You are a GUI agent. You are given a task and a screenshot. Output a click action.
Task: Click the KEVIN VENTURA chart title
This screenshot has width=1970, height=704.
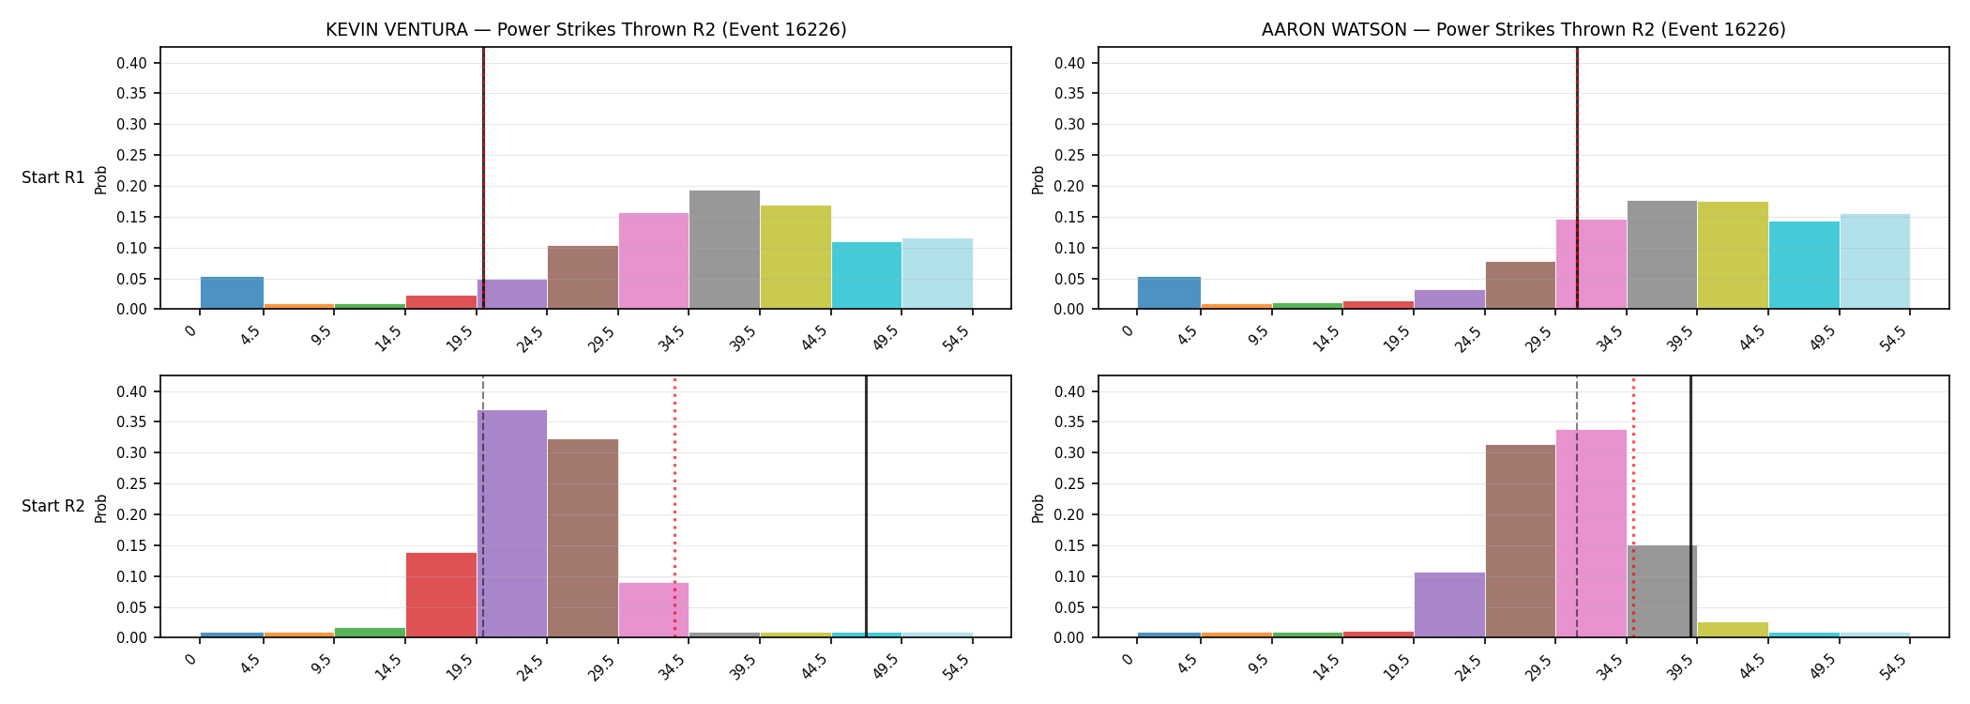[586, 30]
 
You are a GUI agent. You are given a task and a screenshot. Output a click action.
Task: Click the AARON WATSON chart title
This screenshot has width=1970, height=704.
[1523, 30]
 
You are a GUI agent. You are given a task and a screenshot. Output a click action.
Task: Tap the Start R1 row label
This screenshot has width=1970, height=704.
[53, 177]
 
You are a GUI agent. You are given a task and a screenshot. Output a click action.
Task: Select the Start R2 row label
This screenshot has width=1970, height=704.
[53, 506]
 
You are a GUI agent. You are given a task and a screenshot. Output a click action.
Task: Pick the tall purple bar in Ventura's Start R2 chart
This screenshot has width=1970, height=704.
[512, 524]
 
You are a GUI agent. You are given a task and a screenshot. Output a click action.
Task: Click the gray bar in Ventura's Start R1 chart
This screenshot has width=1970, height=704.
[724, 250]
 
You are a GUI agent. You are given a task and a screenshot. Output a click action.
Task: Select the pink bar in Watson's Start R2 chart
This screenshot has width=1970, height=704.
[1591, 533]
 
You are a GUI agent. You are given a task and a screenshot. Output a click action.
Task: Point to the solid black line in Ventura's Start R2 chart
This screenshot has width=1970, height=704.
[866, 507]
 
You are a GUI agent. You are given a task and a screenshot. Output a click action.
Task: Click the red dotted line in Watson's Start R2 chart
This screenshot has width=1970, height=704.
[1633, 507]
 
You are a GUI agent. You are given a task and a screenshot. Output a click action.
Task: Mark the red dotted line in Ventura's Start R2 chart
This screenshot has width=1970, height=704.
[674, 507]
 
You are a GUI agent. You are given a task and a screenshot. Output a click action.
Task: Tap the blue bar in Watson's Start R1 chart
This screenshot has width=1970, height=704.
[1169, 293]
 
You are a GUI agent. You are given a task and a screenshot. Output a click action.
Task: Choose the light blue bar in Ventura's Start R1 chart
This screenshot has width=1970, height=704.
[937, 273]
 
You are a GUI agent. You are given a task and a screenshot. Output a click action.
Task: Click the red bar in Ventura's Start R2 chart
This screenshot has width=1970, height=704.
[441, 595]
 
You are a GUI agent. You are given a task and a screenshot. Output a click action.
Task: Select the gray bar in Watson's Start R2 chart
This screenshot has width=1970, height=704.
[1662, 591]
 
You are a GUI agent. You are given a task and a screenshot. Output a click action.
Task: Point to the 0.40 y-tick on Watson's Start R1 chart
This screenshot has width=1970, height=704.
[1070, 63]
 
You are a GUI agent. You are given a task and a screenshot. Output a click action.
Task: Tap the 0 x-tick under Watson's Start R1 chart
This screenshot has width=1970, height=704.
[1129, 329]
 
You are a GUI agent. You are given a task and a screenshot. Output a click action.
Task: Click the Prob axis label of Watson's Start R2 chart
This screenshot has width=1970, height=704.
[1038, 508]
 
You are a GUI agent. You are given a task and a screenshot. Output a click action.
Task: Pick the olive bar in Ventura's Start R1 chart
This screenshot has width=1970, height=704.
[796, 257]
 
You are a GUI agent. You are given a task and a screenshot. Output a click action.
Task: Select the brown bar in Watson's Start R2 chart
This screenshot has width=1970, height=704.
[1521, 541]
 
